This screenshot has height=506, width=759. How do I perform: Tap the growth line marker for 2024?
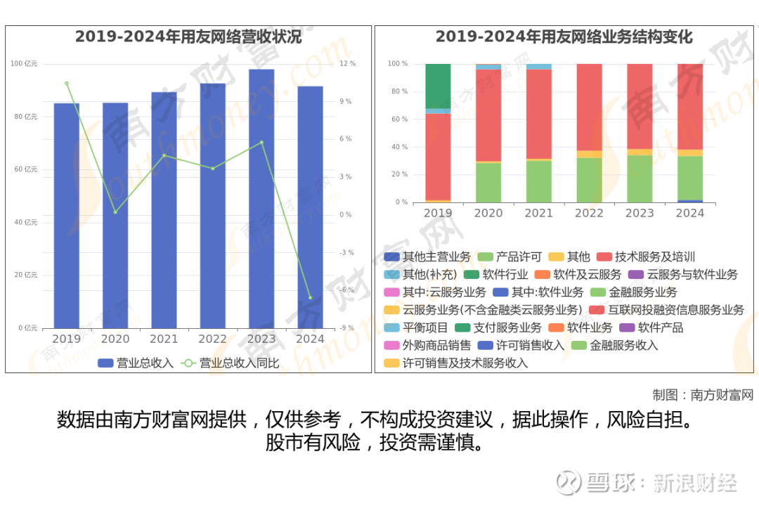[310, 298]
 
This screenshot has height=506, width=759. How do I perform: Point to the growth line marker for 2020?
[115, 212]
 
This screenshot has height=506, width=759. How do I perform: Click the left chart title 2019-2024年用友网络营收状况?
[188, 37]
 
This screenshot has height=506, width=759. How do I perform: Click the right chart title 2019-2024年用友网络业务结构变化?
[564, 37]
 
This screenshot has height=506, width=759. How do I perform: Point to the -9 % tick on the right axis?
[346, 328]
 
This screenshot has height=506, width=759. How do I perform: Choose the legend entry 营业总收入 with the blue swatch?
[136, 363]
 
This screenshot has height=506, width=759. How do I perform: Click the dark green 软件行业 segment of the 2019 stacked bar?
[438, 86]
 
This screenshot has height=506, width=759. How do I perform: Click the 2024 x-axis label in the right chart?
[690, 213]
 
